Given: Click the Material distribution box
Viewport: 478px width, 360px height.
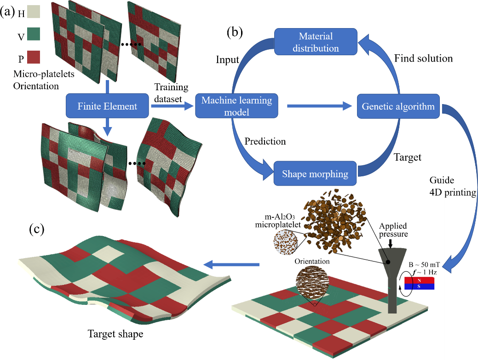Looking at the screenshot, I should pyautogui.click(x=316, y=42).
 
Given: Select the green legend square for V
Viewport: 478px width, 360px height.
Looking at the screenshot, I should pyautogui.click(x=34, y=35).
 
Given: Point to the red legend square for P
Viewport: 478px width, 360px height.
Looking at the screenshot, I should pyautogui.click(x=34, y=57).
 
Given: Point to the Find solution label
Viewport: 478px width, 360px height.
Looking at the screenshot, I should pyautogui.click(x=423, y=58).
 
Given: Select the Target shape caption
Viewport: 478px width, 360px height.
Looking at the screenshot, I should pyautogui.click(x=115, y=334).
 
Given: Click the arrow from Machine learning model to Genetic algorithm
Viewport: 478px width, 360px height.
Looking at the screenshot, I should pyautogui.click(x=317, y=107).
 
